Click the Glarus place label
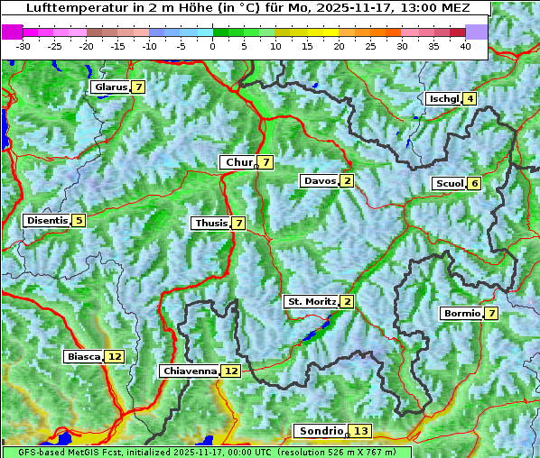pyautogui.click(x=110, y=87)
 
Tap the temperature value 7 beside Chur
pyautogui.click(x=266, y=162)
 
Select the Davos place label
pyautogui.click(x=320, y=181)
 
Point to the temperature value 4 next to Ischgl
pyautogui.click(x=470, y=98)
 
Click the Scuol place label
pyautogui.click(x=449, y=184)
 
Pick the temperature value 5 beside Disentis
pyautogui.click(x=79, y=220)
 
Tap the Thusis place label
pyautogui.click(x=210, y=223)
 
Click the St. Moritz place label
pyautogui.click(x=311, y=301)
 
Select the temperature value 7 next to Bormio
pyautogui.click(x=490, y=314)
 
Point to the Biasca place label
pyautogui.click(x=84, y=356)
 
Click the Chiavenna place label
pyautogui.click(x=190, y=371)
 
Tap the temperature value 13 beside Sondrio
pyautogui.click(x=361, y=431)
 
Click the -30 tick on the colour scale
pyautogui.click(x=23, y=45)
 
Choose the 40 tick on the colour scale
pyautogui.click(x=465, y=45)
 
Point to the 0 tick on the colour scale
pyautogui.click(x=213, y=45)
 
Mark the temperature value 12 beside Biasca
pyautogui.click(x=114, y=356)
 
